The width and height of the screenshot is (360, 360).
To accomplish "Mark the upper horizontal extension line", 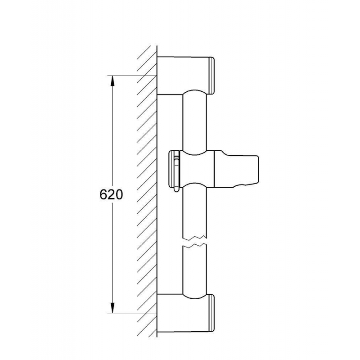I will (x=135, y=76).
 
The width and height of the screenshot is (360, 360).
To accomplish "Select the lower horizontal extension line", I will (x=135, y=312).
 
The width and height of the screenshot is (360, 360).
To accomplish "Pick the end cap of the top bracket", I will (x=212, y=76).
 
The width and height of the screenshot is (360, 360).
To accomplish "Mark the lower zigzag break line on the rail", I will (x=194, y=246).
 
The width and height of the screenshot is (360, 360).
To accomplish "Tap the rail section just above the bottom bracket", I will (x=194, y=274).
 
